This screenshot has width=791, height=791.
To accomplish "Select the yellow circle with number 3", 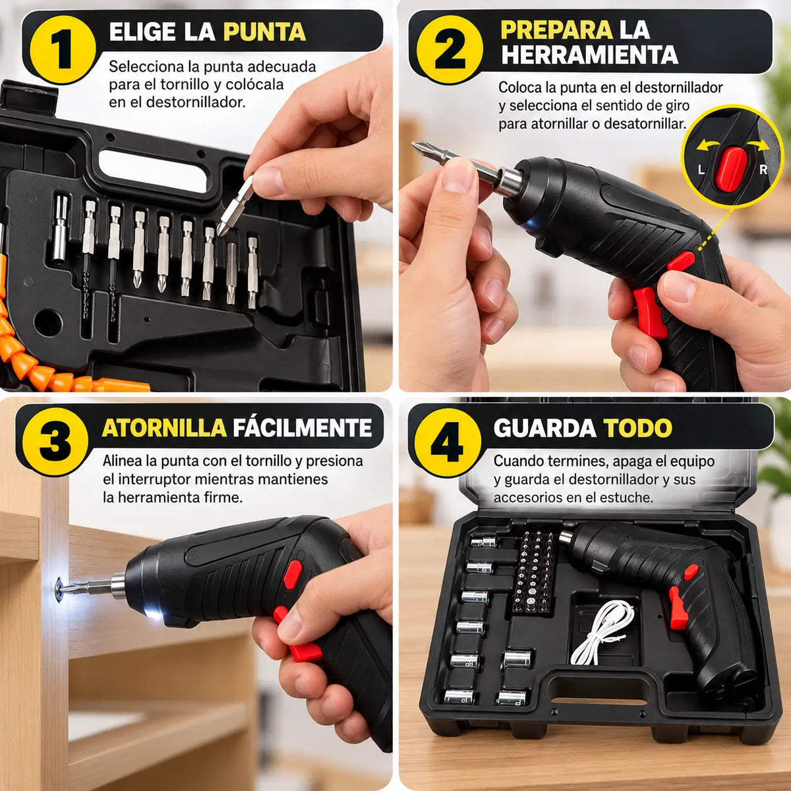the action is (55, 442).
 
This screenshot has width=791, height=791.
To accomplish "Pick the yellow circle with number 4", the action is (448, 442).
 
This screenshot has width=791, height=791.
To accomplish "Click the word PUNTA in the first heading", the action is (264, 32).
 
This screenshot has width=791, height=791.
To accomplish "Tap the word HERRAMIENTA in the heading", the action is (589, 55).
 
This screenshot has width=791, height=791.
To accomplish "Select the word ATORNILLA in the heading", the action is (164, 428).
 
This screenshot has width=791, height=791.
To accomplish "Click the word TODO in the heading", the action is (637, 428).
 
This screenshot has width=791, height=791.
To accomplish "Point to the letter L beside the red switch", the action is (701, 169).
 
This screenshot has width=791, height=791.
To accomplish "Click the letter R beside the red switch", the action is (763, 169).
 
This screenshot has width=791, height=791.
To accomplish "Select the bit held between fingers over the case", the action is (236, 205).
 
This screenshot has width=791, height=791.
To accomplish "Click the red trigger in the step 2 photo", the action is (651, 311).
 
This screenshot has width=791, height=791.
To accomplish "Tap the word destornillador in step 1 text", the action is (195, 102).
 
